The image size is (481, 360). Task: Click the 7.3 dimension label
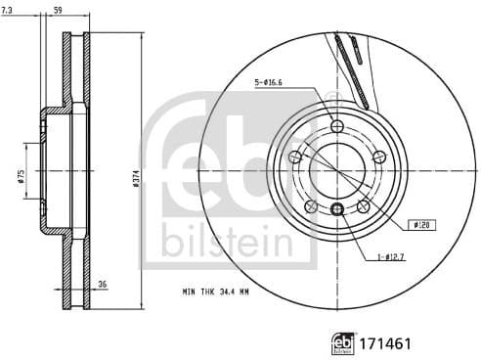tap(9, 10)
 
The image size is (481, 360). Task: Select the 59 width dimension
tap(58, 10)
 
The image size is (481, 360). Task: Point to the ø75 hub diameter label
tap(21, 175)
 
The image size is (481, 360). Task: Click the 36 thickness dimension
tap(101, 287)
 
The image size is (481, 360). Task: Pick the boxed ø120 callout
tap(422, 225)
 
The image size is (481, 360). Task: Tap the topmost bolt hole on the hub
tap(337, 126)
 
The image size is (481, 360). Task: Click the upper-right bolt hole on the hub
tap(380, 157)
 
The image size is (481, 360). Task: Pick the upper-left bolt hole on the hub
tap(295, 157)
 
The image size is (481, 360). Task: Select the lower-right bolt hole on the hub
tap(364, 206)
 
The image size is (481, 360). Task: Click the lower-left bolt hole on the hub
tap(311, 206)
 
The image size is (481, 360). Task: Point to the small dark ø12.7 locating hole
tap(337, 208)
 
